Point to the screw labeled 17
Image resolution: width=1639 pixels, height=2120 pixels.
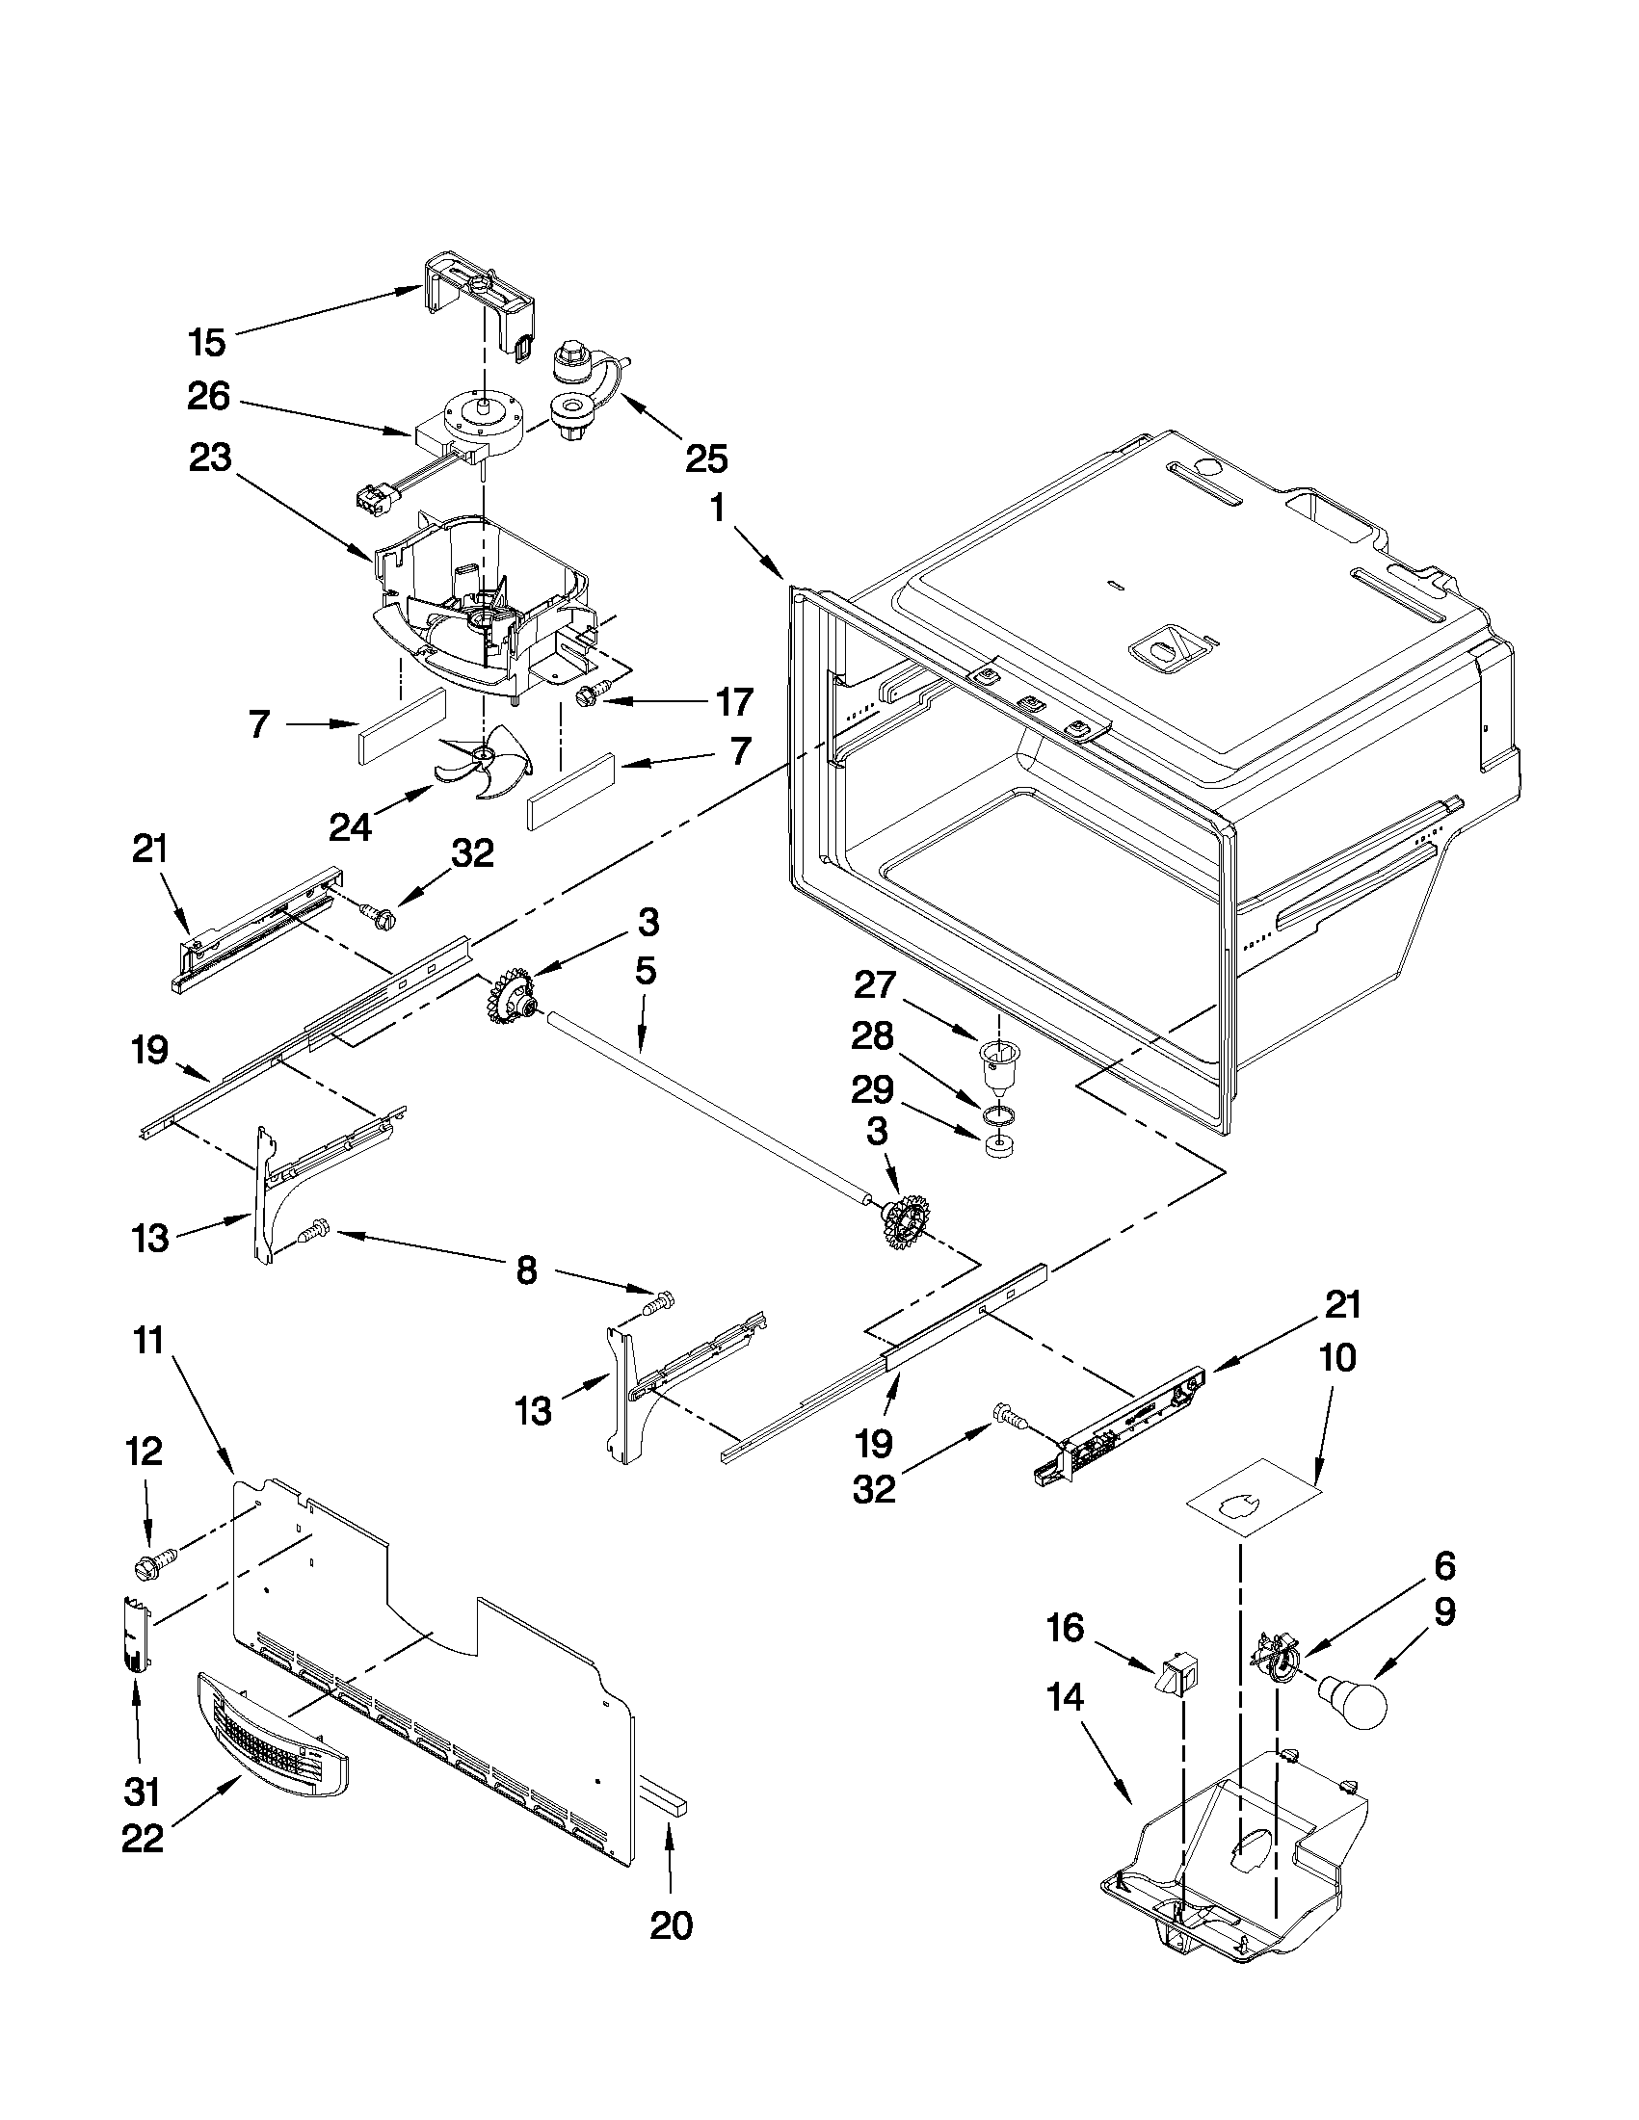589,694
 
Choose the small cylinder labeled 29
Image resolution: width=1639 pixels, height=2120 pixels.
999,1147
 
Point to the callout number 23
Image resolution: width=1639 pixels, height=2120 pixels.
210,458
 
